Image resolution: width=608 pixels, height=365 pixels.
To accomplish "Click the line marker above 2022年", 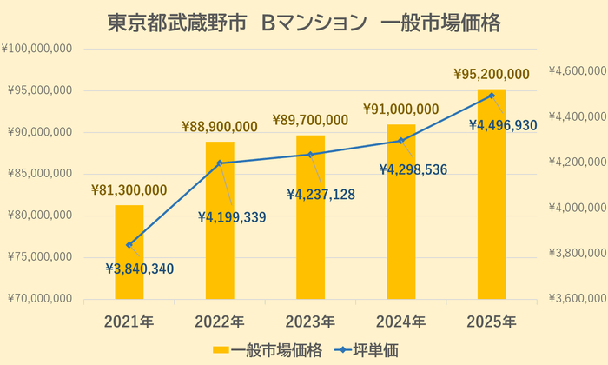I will click(x=220, y=163).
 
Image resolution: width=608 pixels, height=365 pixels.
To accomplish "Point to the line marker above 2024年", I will click(x=401, y=140).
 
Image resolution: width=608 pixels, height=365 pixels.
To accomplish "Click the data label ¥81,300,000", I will click(x=129, y=190).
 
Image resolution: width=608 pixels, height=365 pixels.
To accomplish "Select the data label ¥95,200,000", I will click(x=492, y=75).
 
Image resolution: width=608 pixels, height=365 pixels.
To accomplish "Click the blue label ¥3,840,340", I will click(x=139, y=269).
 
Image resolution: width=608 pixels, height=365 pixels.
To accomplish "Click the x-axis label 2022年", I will click(x=220, y=322).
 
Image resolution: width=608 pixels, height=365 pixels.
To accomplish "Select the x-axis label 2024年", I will click(x=401, y=322).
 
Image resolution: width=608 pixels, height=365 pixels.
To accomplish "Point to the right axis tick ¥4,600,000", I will click(x=578, y=71).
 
